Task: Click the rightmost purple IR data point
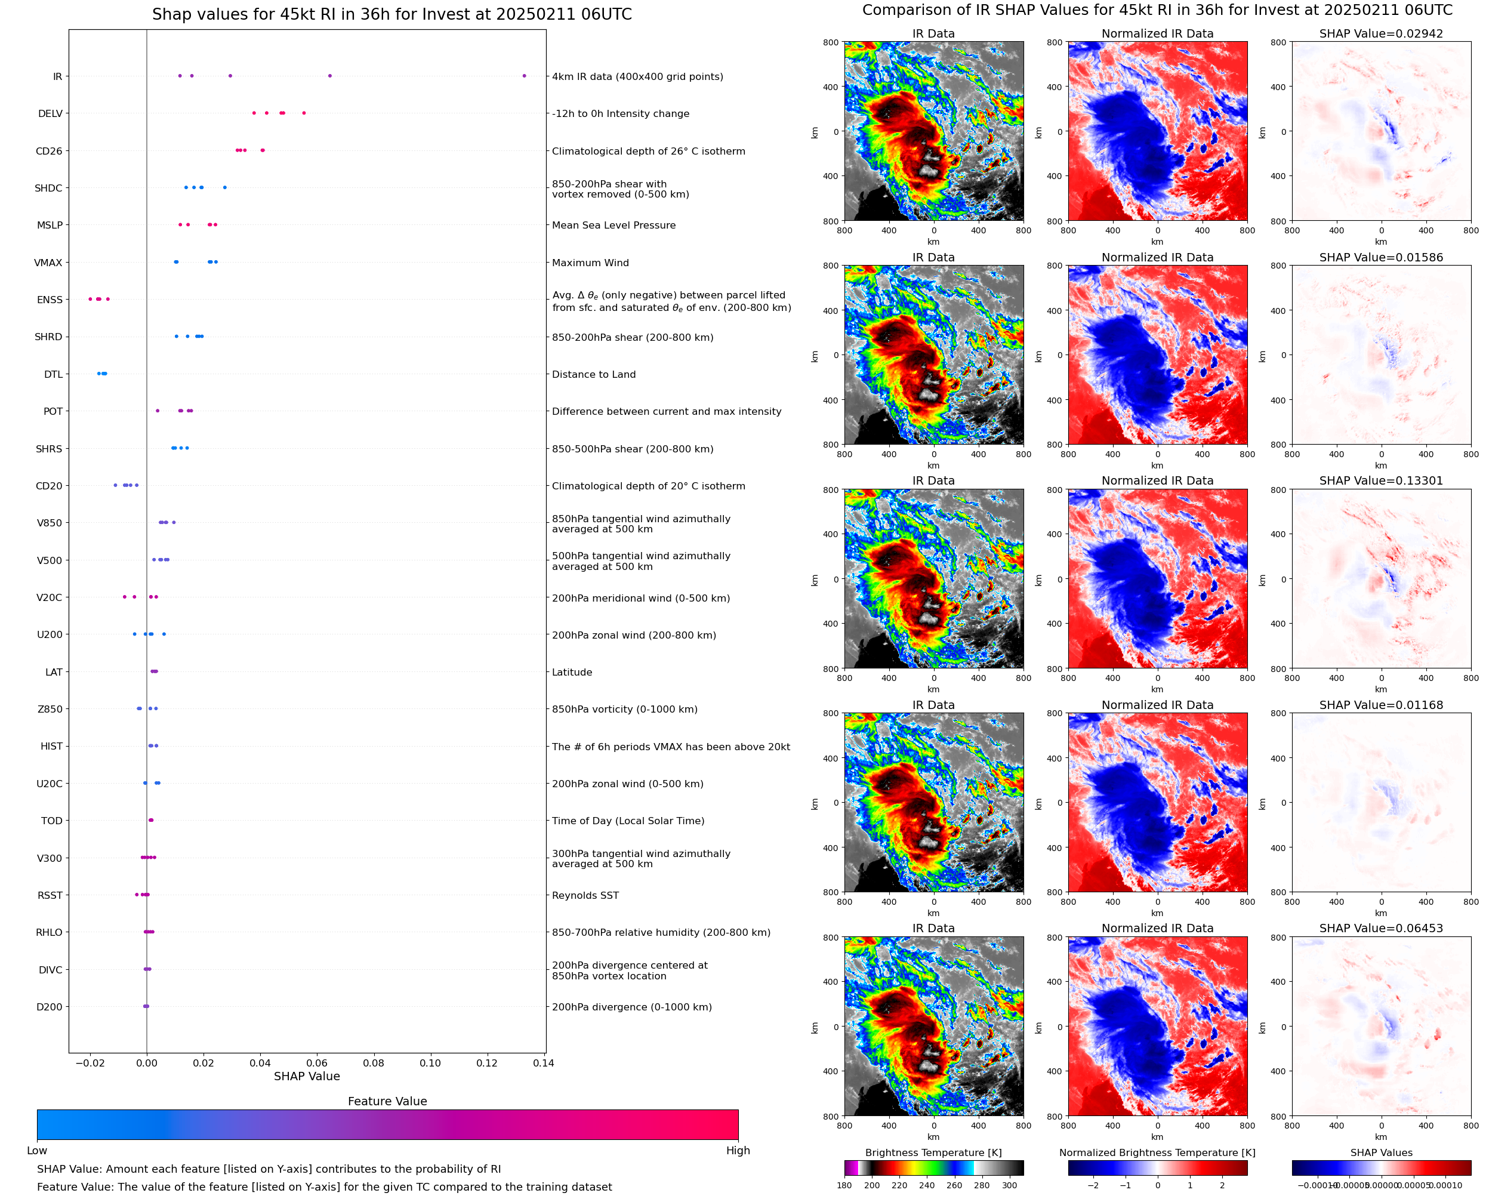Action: (x=524, y=76)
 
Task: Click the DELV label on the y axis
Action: (x=50, y=114)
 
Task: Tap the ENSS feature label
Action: (x=50, y=300)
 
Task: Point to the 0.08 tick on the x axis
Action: (x=374, y=1063)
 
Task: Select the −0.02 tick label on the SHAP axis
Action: (x=89, y=1063)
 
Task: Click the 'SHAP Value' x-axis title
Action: (x=307, y=1077)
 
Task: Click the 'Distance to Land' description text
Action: (x=594, y=374)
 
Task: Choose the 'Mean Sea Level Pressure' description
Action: (x=614, y=225)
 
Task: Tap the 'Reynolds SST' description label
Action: (x=585, y=895)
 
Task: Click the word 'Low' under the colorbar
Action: (x=37, y=1151)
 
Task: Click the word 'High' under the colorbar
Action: (x=738, y=1151)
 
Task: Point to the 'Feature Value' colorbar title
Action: (x=387, y=1102)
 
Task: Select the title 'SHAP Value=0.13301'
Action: (x=1381, y=480)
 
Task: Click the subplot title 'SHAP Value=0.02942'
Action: (x=1381, y=34)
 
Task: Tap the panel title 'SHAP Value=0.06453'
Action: (x=1381, y=928)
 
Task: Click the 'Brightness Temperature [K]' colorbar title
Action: (x=933, y=1152)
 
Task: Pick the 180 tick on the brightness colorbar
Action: (x=844, y=1185)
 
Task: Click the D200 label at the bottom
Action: (x=50, y=1007)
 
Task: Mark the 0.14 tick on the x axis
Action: (x=544, y=1063)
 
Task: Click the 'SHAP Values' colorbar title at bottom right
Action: (x=1381, y=1152)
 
